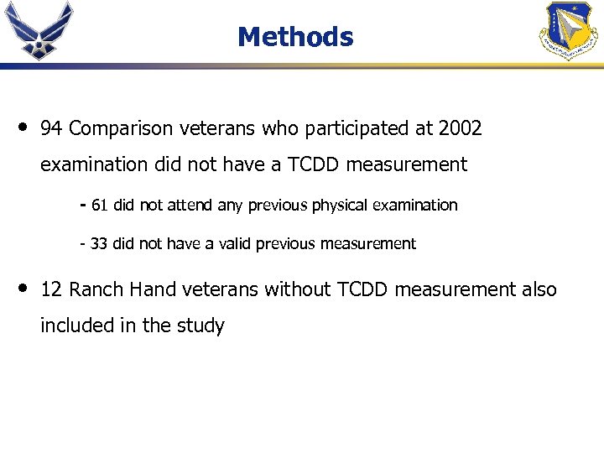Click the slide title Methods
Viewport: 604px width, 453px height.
pos(295,37)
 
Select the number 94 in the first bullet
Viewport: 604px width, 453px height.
pos(51,128)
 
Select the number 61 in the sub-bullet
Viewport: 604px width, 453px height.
pos(100,206)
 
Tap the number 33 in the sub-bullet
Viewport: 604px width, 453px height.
pos(99,244)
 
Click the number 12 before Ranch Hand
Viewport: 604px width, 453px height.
pos(51,289)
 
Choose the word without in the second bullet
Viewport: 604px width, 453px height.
pos(298,289)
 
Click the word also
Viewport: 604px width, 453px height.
pos(538,289)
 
